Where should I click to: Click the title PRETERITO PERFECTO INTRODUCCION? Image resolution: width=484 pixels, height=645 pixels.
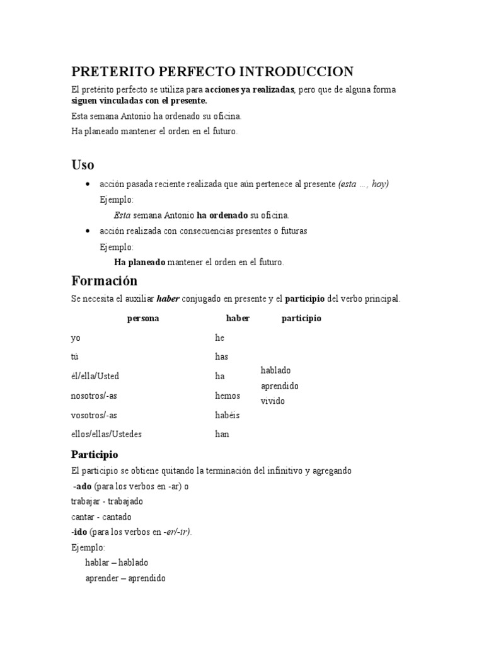(x=212, y=71)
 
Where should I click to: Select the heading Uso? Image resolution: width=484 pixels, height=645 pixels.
(x=83, y=165)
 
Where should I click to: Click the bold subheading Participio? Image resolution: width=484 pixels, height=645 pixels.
(x=95, y=454)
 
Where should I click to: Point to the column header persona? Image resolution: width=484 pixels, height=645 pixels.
(x=143, y=319)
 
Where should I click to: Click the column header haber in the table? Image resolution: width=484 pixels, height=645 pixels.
(x=238, y=319)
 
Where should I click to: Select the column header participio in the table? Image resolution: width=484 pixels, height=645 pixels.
(x=301, y=319)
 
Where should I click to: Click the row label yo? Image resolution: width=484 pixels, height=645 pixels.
(x=76, y=338)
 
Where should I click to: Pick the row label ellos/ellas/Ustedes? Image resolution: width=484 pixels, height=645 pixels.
(x=107, y=434)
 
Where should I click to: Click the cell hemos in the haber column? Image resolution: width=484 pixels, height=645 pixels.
(x=228, y=396)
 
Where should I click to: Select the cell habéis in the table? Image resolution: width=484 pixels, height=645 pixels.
(x=228, y=415)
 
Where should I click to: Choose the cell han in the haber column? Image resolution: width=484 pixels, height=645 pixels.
(x=222, y=434)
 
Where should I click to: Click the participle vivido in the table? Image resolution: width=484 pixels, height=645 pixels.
(x=273, y=401)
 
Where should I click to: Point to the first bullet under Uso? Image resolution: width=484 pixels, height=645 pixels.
(x=86, y=184)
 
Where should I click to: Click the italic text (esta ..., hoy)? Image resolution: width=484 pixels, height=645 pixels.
(x=364, y=184)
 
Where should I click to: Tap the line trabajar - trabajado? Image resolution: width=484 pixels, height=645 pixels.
(x=107, y=501)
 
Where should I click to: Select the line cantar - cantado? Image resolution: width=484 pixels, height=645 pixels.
(x=101, y=517)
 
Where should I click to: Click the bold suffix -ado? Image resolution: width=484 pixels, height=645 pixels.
(x=83, y=486)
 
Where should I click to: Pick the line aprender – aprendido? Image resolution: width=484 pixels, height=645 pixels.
(x=125, y=578)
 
